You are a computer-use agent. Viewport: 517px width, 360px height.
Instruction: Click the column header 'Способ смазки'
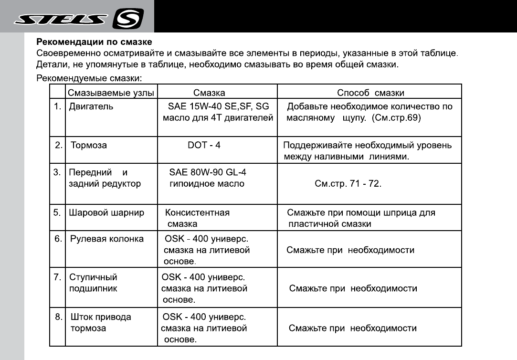tap(370, 93)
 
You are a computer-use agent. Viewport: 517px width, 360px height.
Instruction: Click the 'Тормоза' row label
tap(88, 145)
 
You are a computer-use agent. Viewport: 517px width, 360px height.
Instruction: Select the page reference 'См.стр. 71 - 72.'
tap(348, 184)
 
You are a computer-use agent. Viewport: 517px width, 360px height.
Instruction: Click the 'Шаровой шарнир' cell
tap(106, 213)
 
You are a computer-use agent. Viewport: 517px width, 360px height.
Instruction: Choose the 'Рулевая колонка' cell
tap(107, 239)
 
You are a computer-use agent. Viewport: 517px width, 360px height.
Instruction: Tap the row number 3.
tap(57, 172)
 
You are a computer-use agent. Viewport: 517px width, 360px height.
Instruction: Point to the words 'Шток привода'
tap(101, 317)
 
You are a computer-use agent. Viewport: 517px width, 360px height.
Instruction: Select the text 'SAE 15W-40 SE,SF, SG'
tap(215, 106)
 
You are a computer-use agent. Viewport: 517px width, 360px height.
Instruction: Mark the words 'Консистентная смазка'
tap(197, 218)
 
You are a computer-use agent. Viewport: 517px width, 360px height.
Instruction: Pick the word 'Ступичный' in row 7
tap(94, 277)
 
